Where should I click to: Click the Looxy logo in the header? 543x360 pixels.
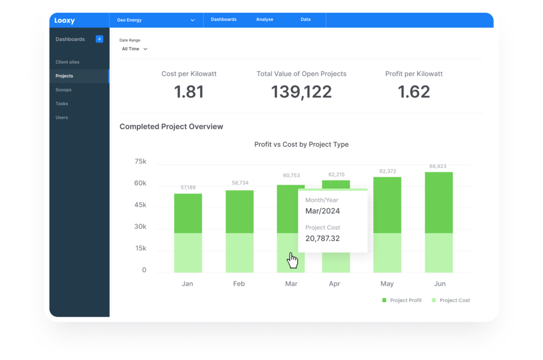(65, 21)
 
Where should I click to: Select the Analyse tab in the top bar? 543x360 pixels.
(265, 20)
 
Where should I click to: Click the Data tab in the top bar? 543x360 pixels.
(305, 20)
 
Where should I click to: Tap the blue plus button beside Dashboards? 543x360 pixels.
(99, 39)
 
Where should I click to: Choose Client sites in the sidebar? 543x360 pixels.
(67, 62)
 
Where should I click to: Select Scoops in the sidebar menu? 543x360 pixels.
(64, 90)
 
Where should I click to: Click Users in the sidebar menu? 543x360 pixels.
(62, 118)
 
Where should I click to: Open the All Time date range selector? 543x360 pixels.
(135, 49)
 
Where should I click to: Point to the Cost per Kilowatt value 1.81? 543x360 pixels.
(189, 92)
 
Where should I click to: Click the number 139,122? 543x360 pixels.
(301, 92)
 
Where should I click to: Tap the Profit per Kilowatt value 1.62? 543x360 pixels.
(414, 92)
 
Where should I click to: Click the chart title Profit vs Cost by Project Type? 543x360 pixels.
(301, 144)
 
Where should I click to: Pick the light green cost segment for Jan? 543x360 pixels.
(188, 252)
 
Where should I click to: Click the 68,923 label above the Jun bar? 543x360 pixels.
(439, 166)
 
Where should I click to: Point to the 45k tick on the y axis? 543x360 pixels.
(140, 205)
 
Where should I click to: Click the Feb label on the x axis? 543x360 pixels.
(239, 284)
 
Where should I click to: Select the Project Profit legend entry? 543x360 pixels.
(402, 300)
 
